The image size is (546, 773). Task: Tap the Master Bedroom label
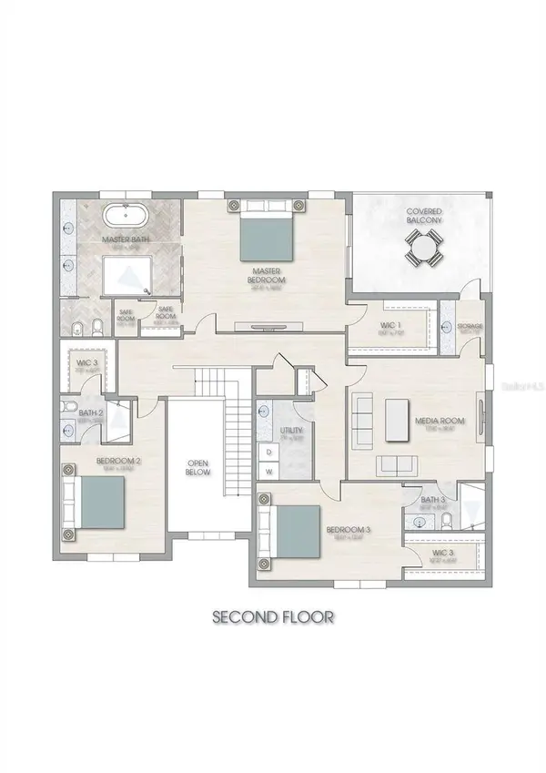268,276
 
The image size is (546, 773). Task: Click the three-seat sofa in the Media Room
361,416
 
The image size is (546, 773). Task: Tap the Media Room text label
440,422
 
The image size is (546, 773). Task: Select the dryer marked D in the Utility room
269,451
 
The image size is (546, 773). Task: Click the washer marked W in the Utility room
269,472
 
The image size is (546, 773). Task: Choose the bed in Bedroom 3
296,529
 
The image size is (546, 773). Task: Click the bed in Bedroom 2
99,502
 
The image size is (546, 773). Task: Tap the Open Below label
197,466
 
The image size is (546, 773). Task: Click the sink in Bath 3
420,522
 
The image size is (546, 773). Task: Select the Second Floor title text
272,616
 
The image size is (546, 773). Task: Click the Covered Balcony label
424,217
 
